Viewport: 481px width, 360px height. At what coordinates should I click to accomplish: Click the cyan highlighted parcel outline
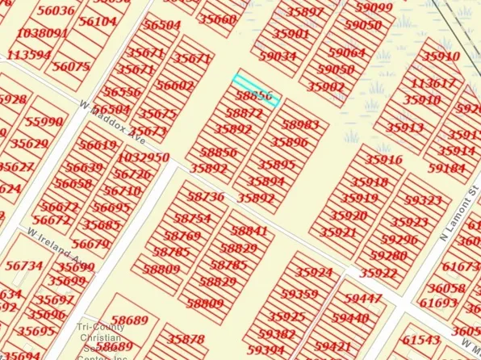point(257,90)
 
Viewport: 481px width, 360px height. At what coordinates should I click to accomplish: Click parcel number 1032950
point(144,157)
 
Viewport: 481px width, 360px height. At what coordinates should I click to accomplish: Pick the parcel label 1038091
point(41,33)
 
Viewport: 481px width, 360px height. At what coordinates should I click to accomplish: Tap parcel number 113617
point(433,84)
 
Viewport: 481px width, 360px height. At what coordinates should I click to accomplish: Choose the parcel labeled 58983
point(300,125)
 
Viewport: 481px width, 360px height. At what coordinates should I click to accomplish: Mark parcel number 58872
point(245,115)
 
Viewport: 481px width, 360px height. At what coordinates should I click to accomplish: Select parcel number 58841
point(249,231)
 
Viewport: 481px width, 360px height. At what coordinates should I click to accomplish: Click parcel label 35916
point(383,160)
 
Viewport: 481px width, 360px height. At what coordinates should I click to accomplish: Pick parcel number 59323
point(424,199)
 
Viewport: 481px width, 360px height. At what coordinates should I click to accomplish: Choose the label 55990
point(44,122)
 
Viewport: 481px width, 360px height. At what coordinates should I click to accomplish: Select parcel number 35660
point(218,19)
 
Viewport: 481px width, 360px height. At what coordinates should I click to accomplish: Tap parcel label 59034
point(278,57)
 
